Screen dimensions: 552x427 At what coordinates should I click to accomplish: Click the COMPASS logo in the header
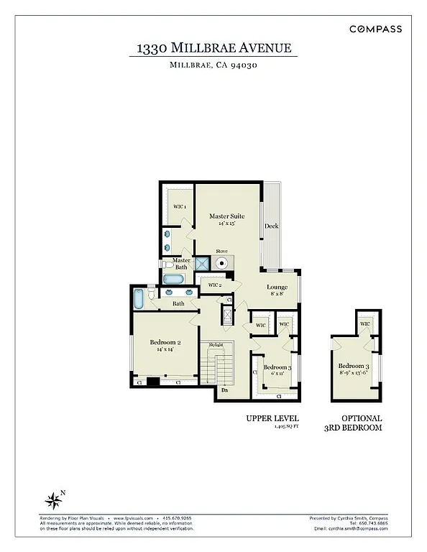(x=375, y=29)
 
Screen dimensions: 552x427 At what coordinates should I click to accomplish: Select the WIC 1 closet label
(x=180, y=207)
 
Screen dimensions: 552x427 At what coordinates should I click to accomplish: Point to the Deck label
(x=271, y=226)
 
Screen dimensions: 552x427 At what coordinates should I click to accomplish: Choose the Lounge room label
(x=277, y=287)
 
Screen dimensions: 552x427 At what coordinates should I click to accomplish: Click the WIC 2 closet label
(x=214, y=285)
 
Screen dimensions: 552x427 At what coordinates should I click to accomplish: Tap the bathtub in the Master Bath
(x=175, y=280)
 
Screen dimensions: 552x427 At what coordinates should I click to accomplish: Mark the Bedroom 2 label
(x=165, y=343)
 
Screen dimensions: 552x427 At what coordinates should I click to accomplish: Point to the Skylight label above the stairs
(x=216, y=345)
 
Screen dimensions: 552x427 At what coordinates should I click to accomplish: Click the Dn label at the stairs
(x=224, y=390)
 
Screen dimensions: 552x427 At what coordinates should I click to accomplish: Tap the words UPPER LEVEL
(x=272, y=418)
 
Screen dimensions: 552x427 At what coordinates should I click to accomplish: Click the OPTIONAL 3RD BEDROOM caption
(x=362, y=423)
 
